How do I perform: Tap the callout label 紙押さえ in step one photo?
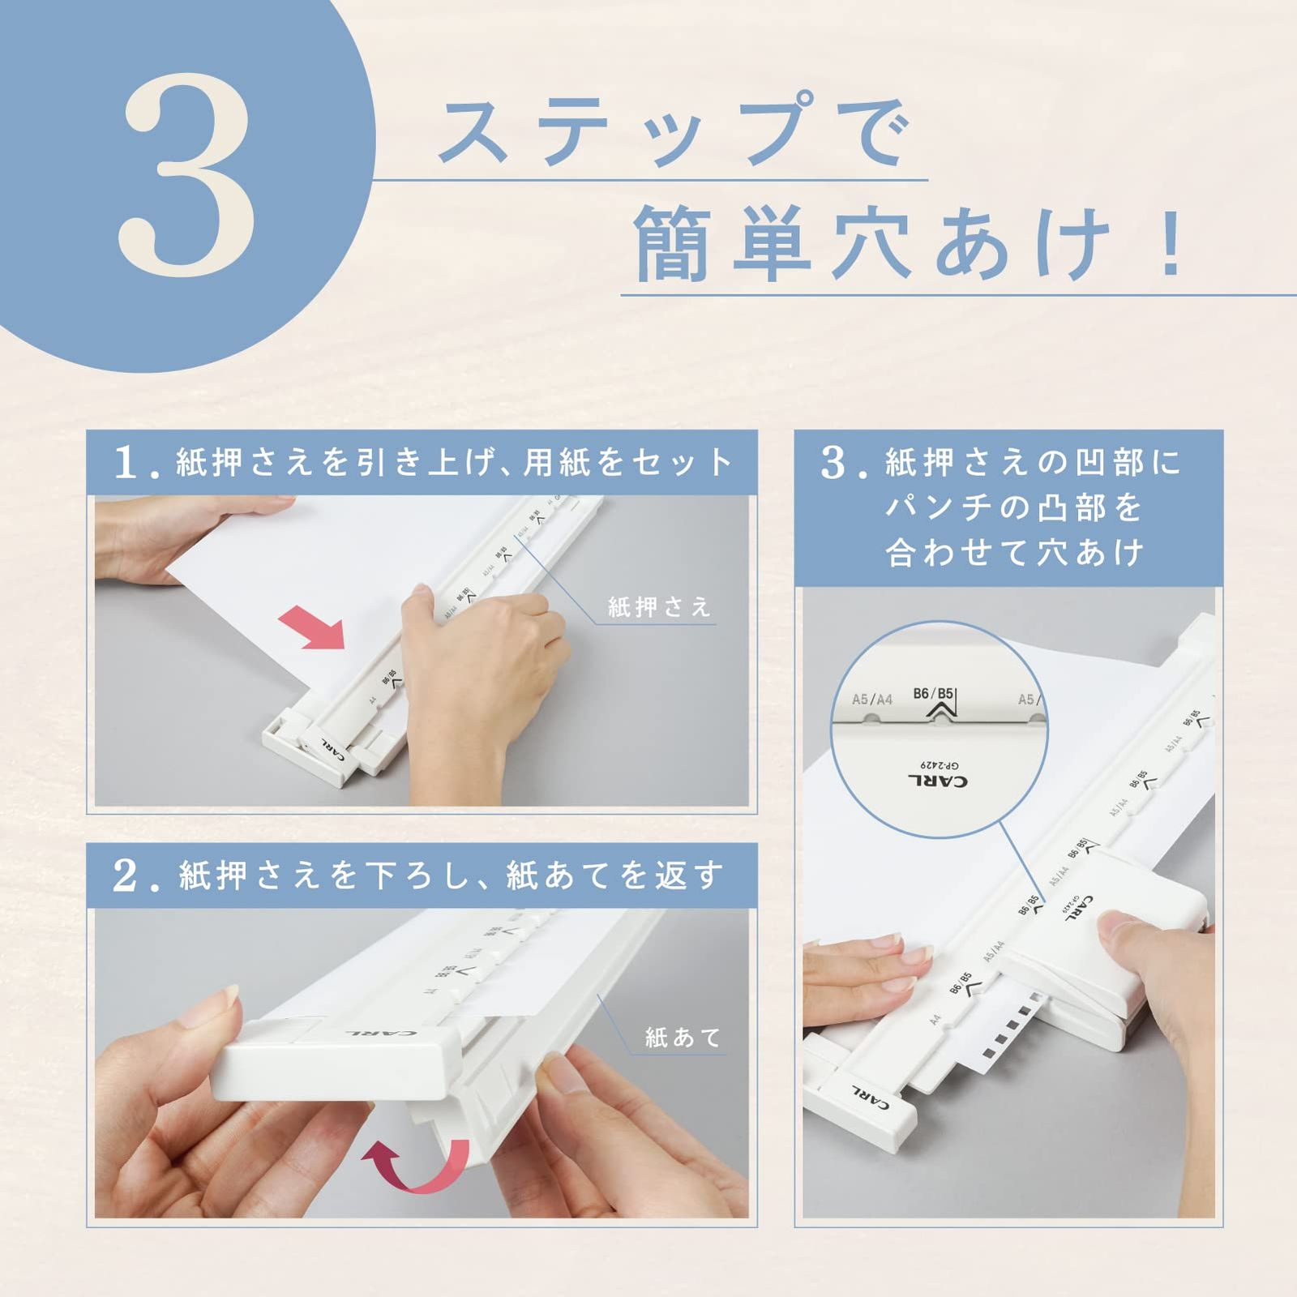click(658, 606)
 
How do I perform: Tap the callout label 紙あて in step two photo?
click(683, 1037)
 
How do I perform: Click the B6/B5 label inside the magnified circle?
click(933, 694)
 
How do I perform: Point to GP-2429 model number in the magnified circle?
click(939, 764)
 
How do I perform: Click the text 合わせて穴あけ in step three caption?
click(1014, 554)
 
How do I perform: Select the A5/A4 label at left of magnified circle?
click(871, 699)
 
